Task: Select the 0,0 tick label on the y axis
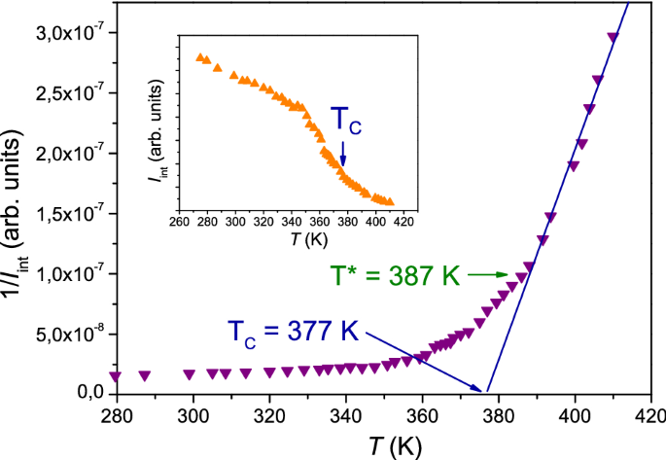tap(84, 394)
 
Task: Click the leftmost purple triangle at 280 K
tap(116, 376)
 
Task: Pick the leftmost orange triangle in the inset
tap(199, 57)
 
